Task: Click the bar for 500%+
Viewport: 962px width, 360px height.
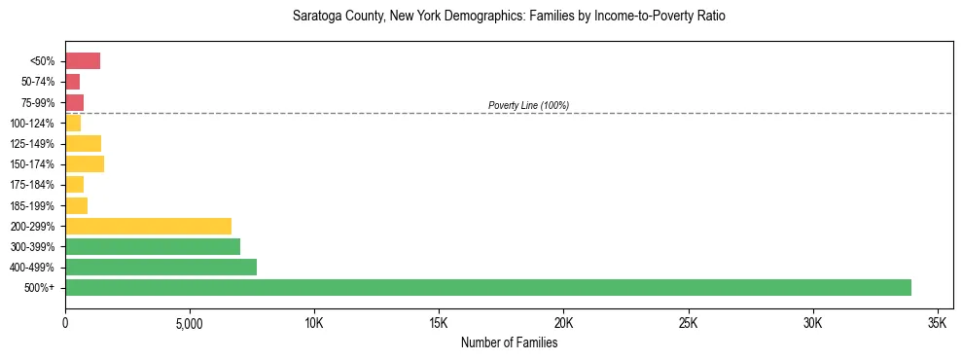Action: pos(487,287)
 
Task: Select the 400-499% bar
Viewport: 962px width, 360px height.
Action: pos(160,267)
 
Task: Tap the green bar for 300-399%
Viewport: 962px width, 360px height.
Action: pos(153,246)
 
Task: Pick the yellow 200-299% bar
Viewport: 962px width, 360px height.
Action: pos(148,226)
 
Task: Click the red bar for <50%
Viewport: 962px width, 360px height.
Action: pos(83,61)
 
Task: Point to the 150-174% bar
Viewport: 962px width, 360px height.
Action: pos(85,163)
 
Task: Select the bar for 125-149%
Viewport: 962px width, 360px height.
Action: pos(83,143)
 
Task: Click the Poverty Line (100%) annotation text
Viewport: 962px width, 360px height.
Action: pos(528,105)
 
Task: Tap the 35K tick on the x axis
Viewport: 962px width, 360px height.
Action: pos(938,322)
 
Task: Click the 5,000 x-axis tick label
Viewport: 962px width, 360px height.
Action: pos(190,322)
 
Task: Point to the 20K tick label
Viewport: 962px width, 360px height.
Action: pos(563,322)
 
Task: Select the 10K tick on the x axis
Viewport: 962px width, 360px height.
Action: pos(314,322)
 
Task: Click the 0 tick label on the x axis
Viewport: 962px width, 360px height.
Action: pos(65,322)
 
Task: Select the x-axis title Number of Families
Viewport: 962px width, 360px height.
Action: pos(509,342)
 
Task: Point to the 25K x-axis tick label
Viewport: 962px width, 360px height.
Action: pos(688,322)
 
